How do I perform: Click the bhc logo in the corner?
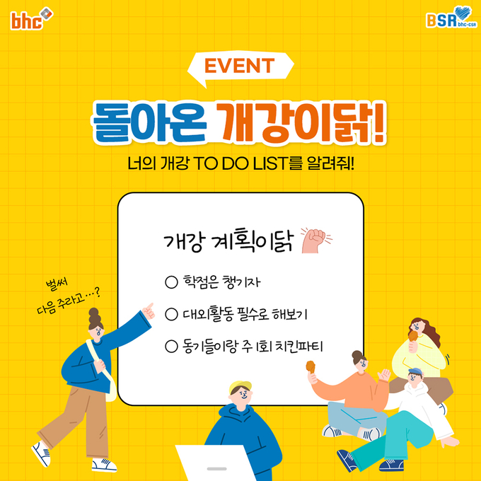coord(32,18)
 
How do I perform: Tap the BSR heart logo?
coord(452,17)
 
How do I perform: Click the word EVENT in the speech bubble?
coord(239,66)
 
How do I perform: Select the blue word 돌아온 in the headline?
coord(149,123)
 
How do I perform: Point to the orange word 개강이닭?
coord(302,123)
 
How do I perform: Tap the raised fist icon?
coord(315,240)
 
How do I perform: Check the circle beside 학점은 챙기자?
coord(171,282)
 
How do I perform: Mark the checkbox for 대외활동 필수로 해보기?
coord(171,315)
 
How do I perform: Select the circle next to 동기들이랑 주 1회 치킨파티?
coord(171,347)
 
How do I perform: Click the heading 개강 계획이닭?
coord(228,240)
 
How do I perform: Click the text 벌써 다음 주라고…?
coord(68,297)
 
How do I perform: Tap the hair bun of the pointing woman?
coord(95,316)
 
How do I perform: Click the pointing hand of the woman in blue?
coord(148,311)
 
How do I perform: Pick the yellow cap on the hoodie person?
coord(240,386)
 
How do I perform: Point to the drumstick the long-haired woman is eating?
coord(413,336)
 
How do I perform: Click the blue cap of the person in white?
coord(415,371)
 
